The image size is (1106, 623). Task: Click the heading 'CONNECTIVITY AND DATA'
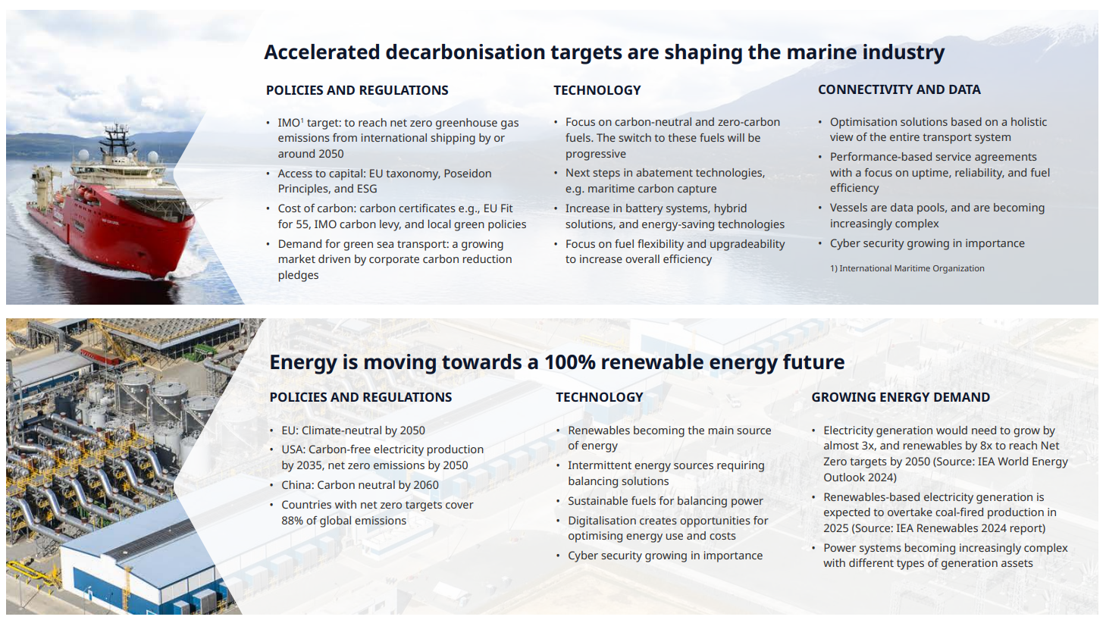pyautogui.click(x=899, y=90)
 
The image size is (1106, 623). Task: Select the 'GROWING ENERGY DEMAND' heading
pyautogui.click(x=901, y=397)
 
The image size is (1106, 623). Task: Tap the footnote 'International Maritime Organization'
pyautogui.click(x=911, y=268)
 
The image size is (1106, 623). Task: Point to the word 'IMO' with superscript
pyautogui.click(x=290, y=123)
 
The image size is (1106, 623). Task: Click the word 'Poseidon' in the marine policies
pyautogui.click(x=468, y=174)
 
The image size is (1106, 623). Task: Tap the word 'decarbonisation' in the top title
pyautogui.click(x=463, y=52)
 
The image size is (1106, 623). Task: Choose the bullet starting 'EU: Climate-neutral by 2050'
pyautogui.click(x=353, y=430)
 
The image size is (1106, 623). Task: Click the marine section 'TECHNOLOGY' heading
pyautogui.click(x=597, y=90)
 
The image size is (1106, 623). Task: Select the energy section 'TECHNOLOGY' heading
pyautogui.click(x=600, y=397)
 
